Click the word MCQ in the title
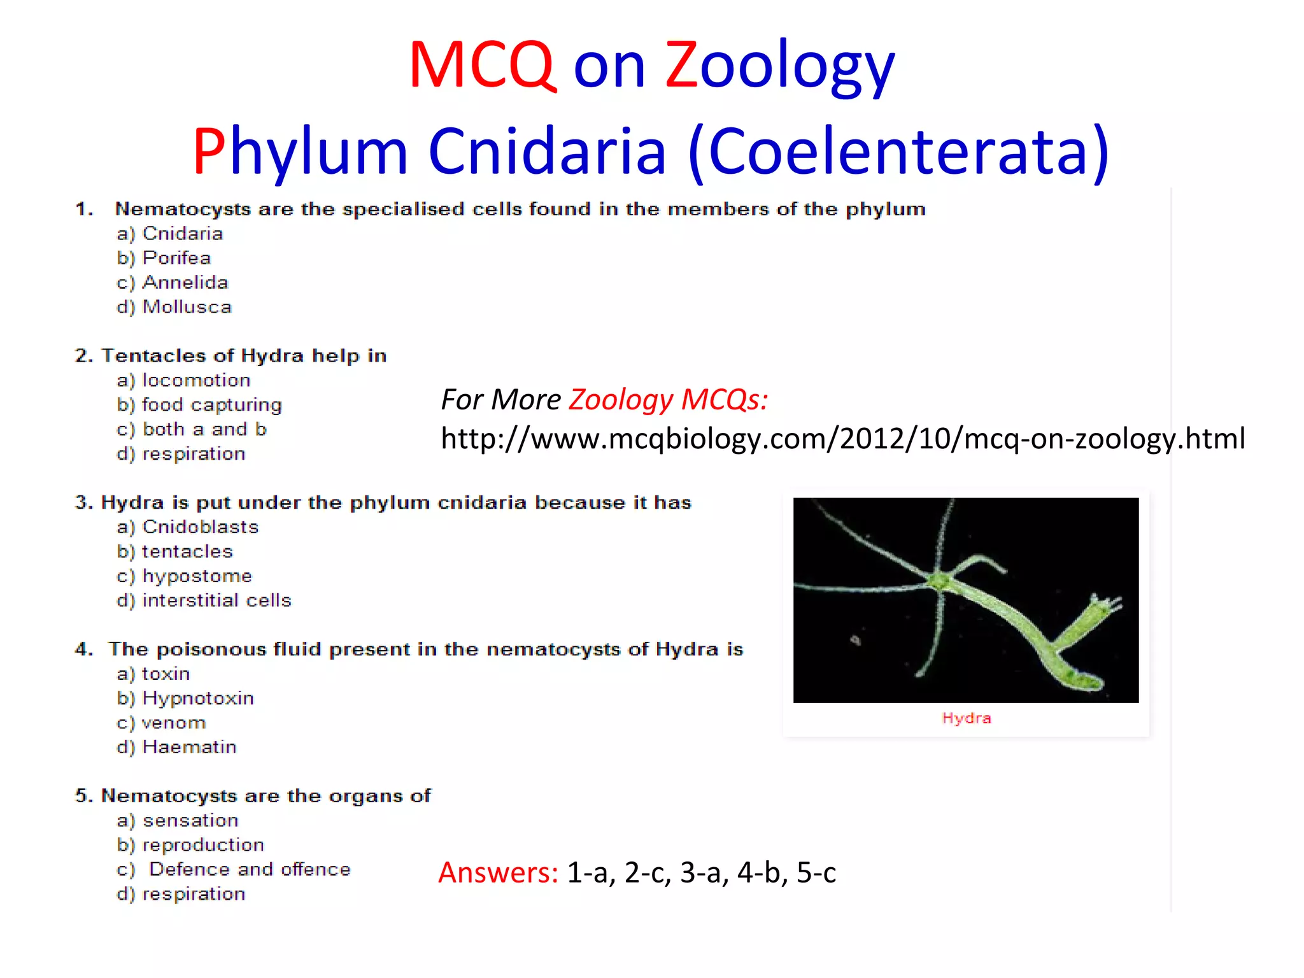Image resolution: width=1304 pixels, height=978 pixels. [x=483, y=65]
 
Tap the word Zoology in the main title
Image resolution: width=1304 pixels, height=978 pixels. [x=780, y=66]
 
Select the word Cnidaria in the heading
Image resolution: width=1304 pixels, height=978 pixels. [x=547, y=152]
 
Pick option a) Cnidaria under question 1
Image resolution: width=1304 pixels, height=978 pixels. [x=170, y=234]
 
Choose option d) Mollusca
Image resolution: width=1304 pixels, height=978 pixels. [x=174, y=307]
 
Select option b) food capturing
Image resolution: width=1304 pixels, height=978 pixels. [x=199, y=405]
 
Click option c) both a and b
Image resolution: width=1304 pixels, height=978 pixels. [x=192, y=429]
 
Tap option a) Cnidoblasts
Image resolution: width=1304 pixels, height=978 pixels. [x=188, y=527]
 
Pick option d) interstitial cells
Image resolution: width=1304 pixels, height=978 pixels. [x=204, y=600]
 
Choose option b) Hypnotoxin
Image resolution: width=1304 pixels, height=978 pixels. [x=185, y=698]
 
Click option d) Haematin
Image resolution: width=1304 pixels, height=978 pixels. [x=176, y=747]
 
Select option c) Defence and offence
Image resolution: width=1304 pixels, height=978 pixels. [x=234, y=870]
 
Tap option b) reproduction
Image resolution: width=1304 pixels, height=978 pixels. [x=190, y=845]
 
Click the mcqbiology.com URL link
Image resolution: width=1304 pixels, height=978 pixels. [x=842, y=439]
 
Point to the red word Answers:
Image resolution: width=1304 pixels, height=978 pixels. [x=498, y=872]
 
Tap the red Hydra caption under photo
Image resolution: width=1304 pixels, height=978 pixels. [x=966, y=718]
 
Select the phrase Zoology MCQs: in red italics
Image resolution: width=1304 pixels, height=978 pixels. [x=668, y=400]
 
